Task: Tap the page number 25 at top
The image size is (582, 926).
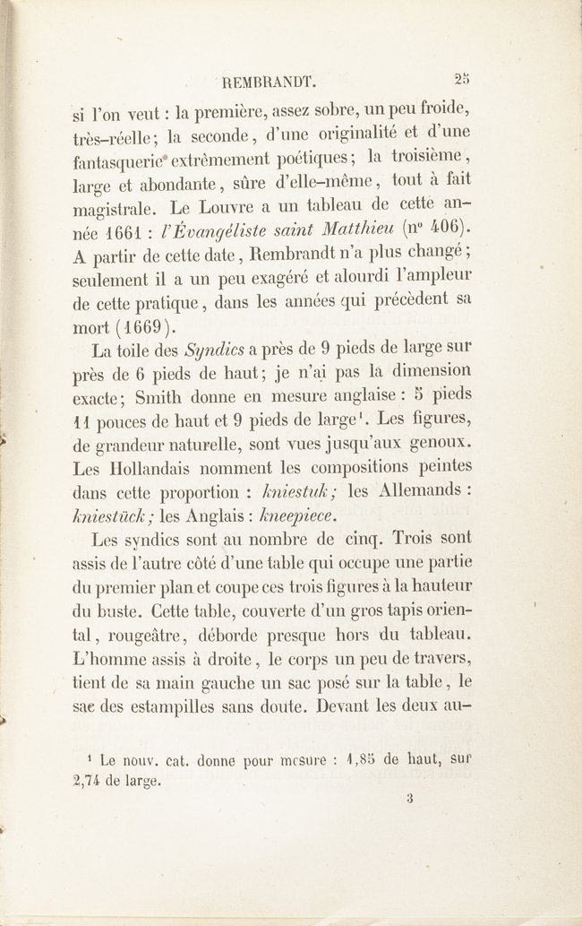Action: (462, 77)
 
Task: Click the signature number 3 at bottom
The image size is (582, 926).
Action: (407, 798)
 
